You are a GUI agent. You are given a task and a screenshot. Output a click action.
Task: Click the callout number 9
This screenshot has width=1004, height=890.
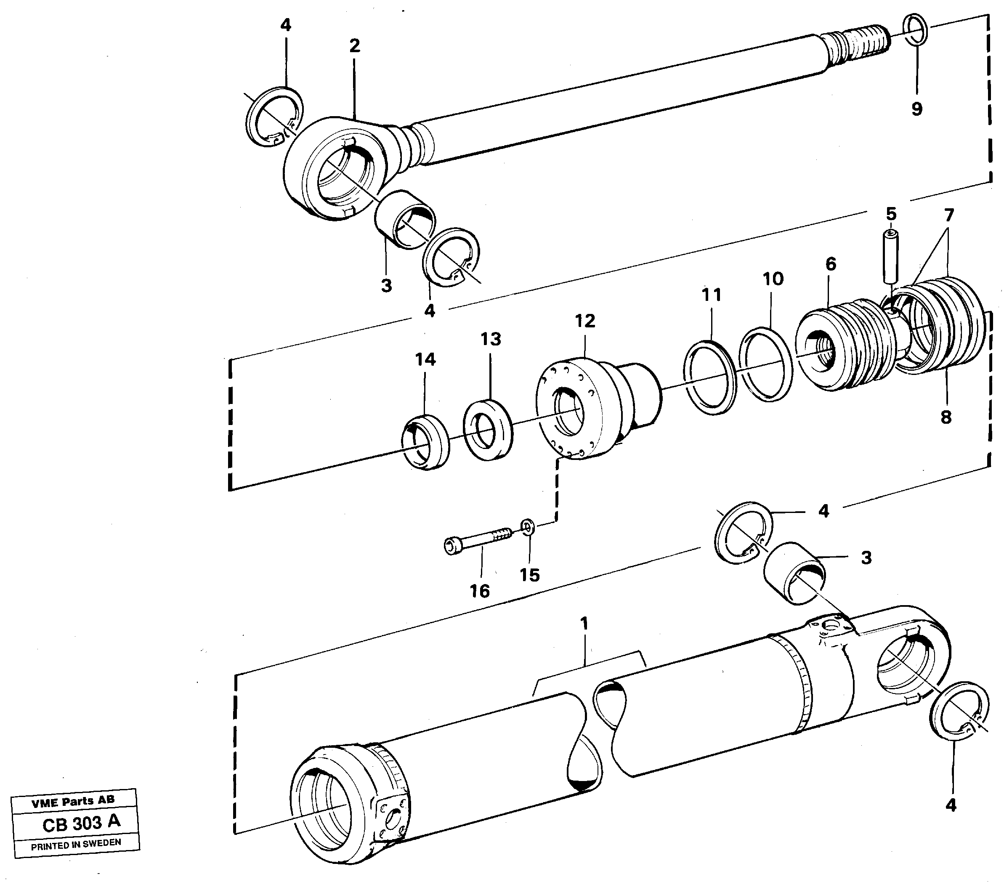[916, 109]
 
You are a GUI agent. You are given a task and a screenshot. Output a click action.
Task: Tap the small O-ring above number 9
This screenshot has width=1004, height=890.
[915, 29]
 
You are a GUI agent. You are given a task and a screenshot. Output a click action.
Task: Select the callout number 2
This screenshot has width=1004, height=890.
[355, 46]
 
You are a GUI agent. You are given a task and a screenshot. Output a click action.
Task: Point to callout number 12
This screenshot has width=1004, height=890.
[584, 321]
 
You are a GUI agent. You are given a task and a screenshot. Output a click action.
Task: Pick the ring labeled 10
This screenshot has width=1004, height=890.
[766, 364]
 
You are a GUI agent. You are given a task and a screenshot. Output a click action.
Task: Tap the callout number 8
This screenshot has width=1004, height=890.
[946, 417]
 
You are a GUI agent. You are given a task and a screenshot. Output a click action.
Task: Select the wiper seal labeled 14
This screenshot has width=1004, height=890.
[426, 442]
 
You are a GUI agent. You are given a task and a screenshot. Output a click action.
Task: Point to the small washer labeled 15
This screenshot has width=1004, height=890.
[528, 528]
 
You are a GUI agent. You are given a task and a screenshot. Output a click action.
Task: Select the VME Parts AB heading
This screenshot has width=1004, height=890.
[73, 802]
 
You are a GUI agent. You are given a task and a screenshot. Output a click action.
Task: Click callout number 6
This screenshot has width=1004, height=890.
[831, 264]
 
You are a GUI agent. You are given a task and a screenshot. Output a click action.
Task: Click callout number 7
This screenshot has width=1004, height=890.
[948, 215]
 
